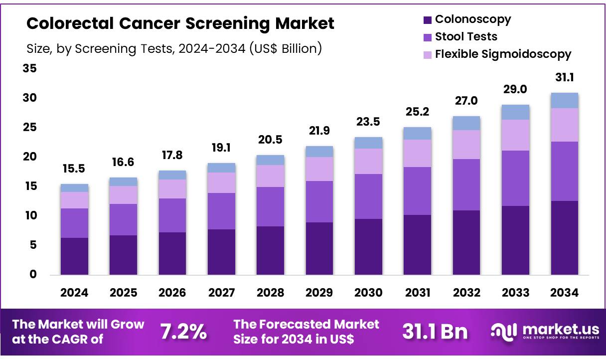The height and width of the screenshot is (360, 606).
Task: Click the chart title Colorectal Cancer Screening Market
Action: click(x=180, y=23)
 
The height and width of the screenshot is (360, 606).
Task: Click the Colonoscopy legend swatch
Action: click(x=427, y=20)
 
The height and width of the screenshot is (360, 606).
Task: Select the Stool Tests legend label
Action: click(x=466, y=36)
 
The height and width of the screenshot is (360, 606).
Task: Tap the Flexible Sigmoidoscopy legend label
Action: click(x=503, y=54)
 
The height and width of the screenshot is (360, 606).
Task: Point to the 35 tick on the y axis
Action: click(x=29, y=68)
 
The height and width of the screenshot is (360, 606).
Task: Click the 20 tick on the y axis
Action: click(x=29, y=157)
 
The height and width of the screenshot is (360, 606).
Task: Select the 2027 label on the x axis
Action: click(x=221, y=293)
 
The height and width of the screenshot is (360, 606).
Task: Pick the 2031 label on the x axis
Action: click(x=417, y=293)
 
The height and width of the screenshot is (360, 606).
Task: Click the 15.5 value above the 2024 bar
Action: click(x=74, y=170)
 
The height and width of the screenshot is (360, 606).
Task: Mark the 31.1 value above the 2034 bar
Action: click(x=564, y=78)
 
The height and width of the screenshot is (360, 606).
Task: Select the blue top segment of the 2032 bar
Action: click(x=466, y=123)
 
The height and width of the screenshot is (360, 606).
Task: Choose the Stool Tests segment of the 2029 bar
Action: click(x=319, y=201)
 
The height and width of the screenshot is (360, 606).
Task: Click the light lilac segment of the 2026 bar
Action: click(x=172, y=189)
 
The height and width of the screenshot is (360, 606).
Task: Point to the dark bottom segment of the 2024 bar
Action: click(x=74, y=256)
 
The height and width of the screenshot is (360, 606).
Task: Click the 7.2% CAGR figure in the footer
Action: click(x=183, y=332)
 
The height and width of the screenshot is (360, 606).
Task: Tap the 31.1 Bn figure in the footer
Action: click(x=435, y=332)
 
